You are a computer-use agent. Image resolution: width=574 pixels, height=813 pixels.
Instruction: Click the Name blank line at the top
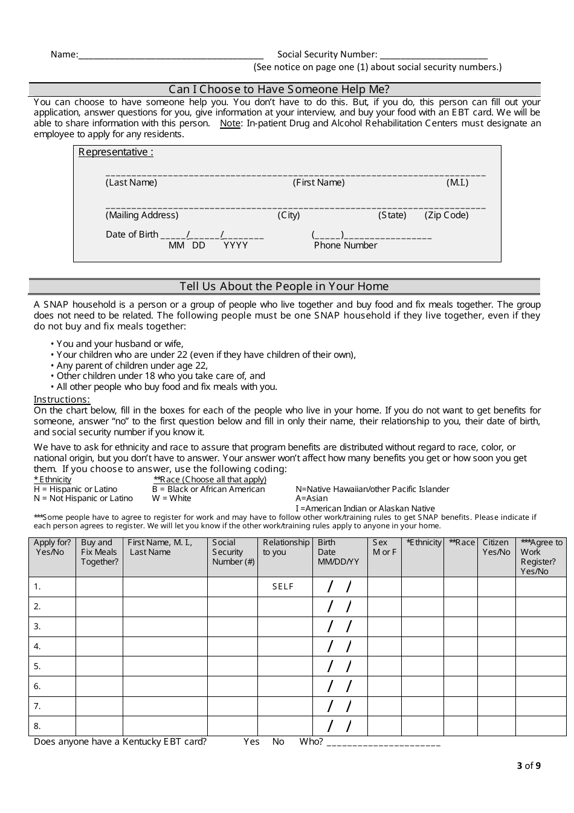(x=170, y=56)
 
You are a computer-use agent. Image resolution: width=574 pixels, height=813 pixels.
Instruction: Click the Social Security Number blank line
(x=433, y=56)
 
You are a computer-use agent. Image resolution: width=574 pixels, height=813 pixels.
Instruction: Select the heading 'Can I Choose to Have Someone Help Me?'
(x=279, y=89)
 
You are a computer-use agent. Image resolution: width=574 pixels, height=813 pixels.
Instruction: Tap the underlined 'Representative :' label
(x=115, y=152)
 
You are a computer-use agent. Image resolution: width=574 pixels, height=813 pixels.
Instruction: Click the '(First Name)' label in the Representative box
(x=318, y=183)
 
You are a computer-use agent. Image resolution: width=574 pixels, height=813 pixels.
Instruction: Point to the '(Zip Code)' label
(x=446, y=215)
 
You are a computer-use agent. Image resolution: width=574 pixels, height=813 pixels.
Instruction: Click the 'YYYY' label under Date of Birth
(x=236, y=245)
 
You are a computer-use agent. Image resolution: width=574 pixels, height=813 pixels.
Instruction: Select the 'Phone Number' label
(x=345, y=245)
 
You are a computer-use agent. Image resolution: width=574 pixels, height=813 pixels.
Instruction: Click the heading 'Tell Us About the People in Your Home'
(x=284, y=287)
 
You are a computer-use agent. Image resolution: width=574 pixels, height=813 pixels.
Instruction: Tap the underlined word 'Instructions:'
(x=62, y=400)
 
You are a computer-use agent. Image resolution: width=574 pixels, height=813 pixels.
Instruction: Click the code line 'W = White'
(x=172, y=499)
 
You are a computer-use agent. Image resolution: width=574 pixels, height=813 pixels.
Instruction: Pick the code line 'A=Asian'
(x=312, y=499)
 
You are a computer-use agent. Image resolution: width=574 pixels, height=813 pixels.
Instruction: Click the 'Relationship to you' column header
(x=285, y=547)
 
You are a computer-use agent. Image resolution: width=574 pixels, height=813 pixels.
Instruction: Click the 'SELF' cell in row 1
(x=283, y=587)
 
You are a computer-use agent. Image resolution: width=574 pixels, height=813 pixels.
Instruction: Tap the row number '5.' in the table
(x=37, y=666)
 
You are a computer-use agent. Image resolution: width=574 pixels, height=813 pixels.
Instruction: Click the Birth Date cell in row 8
(x=340, y=726)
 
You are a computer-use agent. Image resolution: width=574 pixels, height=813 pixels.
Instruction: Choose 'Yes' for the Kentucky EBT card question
(x=251, y=742)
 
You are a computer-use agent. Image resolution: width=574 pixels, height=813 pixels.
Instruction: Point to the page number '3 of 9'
(x=529, y=766)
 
